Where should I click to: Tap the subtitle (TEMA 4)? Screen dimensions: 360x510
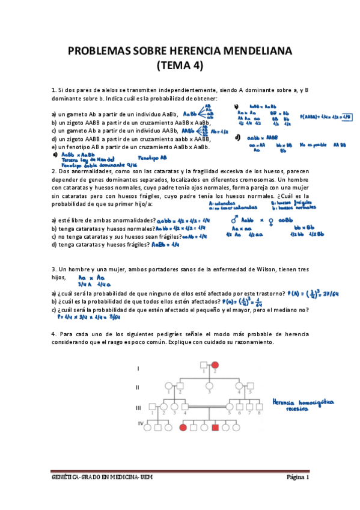[180, 66]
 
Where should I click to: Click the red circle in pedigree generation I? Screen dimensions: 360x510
[214, 364]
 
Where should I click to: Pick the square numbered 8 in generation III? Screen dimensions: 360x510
[258, 407]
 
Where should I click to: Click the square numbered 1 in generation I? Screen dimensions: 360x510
[204, 364]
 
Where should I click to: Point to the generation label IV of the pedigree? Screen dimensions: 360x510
[141, 425]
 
